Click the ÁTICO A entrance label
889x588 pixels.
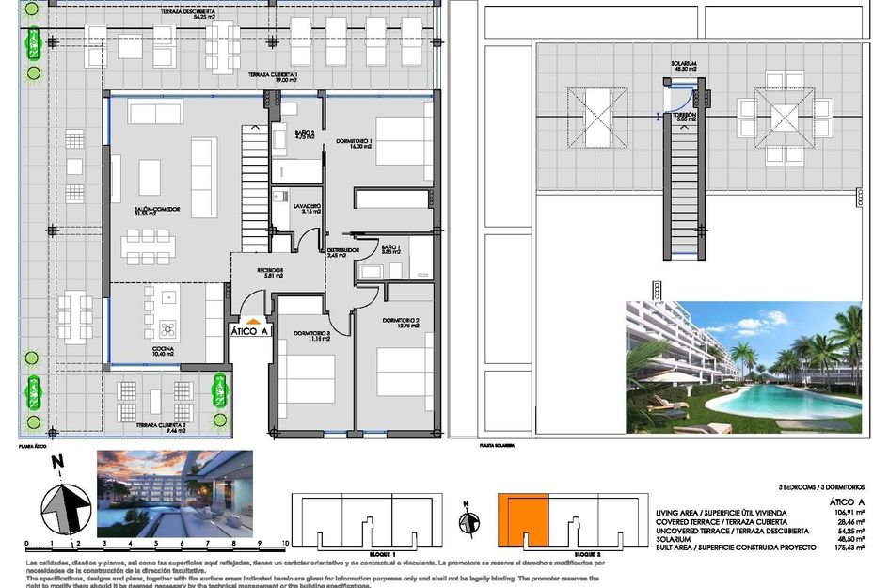(250, 330)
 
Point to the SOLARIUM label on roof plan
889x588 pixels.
(684, 65)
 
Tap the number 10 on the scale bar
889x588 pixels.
(284, 544)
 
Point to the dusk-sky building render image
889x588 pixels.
(174, 491)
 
